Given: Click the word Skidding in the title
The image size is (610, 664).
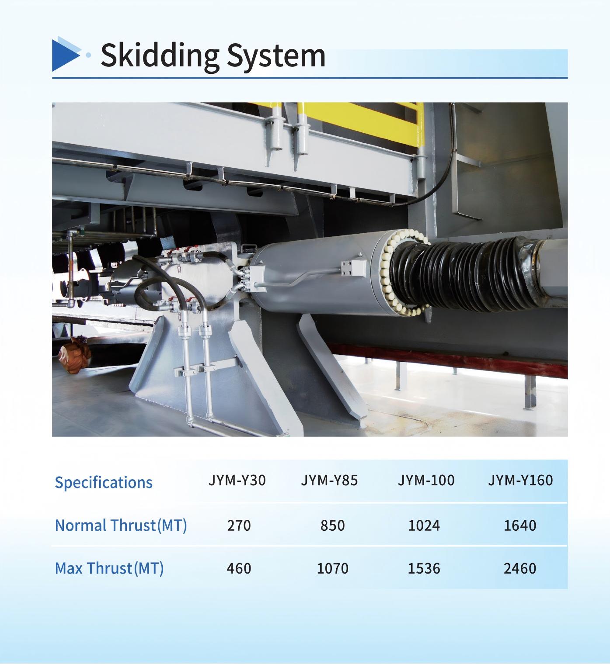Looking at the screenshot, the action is [x=160, y=56].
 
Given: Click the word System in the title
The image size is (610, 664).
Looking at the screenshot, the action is [x=276, y=56].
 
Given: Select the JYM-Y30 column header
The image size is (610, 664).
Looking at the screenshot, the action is [x=237, y=480].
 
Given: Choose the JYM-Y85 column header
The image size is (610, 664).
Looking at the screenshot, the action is [x=329, y=480].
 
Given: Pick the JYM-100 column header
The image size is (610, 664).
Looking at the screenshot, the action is [x=426, y=480].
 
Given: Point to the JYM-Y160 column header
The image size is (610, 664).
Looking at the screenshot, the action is [x=520, y=480].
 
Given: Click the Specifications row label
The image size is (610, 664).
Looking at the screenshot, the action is [x=104, y=483].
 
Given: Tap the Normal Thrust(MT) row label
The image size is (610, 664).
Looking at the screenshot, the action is [x=121, y=526].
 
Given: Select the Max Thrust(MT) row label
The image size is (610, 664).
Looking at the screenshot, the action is [x=109, y=568].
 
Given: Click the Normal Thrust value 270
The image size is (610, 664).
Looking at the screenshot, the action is [x=239, y=526].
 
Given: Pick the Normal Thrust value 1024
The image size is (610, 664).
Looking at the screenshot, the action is [x=424, y=526].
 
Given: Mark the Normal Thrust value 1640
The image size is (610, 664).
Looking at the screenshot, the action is [x=520, y=526].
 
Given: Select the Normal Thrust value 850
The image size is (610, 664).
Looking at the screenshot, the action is [x=332, y=526].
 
